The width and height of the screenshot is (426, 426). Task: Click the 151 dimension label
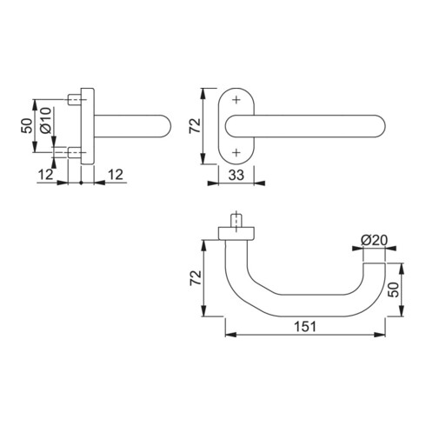[305, 327]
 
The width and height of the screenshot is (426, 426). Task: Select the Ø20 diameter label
[374, 240]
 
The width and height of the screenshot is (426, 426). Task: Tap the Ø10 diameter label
[46, 121]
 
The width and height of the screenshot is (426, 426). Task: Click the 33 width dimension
[236, 175]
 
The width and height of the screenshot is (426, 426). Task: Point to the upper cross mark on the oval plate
[236, 100]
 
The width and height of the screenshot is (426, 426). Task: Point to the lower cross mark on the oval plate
[236, 152]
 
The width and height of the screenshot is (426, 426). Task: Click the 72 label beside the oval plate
[195, 126]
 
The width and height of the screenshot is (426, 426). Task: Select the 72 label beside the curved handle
[196, 278]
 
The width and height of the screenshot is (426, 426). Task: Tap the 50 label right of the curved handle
[394, 290]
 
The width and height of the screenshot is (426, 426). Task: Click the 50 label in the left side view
[27, 126]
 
